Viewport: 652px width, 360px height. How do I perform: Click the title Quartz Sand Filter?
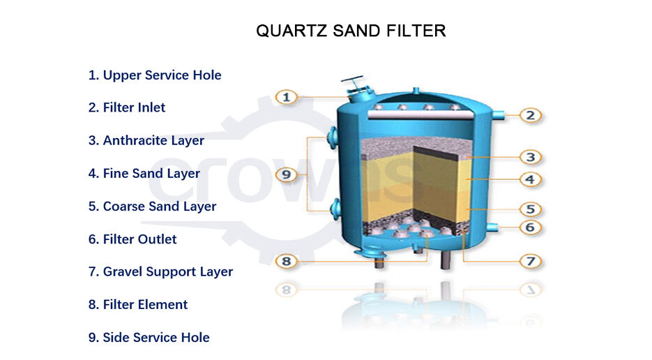coord(351,31)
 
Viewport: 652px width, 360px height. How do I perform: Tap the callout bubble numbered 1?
coord(287,97)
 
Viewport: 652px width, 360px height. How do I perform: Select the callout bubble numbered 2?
coord(530,115)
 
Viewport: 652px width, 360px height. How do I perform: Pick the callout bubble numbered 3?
coord(530,158)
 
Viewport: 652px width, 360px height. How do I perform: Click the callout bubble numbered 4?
coord(530,179)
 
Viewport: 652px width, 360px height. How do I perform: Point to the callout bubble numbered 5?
coord(530,209)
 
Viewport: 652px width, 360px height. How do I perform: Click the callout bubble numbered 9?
coord(287,174)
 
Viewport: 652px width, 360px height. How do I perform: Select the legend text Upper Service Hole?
coord(155,75)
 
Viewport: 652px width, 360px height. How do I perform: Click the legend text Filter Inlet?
coord(127,107)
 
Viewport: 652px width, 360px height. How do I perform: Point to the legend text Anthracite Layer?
coord(146,140)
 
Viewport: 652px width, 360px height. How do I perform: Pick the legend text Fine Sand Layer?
coord(144,173)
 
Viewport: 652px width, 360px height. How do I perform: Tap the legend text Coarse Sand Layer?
coord(152,206)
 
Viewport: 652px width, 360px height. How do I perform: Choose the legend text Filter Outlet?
coord(132,239)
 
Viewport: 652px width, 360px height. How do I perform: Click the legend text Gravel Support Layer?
coord(160,271)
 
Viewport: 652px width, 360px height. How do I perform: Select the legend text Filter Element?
coord(138,304)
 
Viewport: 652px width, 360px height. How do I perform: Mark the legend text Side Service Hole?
coord(149,337)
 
